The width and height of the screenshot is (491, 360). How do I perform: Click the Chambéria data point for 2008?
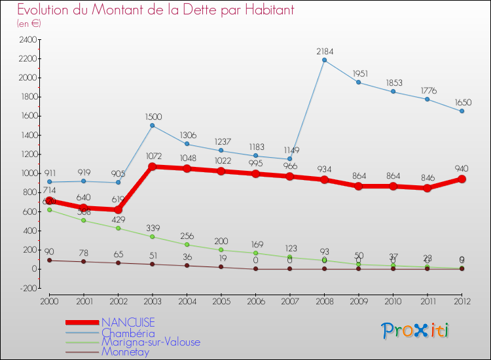pyautogui.click(x=324, y=60)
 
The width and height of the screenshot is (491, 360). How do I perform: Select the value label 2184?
pyautogui.click(x=325, y=51)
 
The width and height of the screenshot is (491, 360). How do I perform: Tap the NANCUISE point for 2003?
pyautogui.click(x=152, y=166)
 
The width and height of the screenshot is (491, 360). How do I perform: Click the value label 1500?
pyautogui.click(x=153, y=117)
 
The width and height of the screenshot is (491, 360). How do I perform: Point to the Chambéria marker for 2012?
pyautogui.click(x=462, y=111)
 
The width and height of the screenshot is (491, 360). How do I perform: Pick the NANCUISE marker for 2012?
pyautogui.click(x=462, y=179)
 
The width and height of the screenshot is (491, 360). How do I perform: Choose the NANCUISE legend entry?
pyautogui.click(x=128, y=322)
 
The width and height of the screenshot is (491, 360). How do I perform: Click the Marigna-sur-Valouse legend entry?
pyautogui.click(x=151, y=342)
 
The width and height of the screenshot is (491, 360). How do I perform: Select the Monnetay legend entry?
pyautogui.click(x=125, y=351)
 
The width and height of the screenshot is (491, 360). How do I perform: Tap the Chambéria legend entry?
pyautogui.click(x=129, y=333)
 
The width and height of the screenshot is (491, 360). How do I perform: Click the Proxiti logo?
pyautogui.click(x=416, y=331)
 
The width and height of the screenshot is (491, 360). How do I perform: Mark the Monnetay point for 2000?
pyautogui.click(x=49, y=261)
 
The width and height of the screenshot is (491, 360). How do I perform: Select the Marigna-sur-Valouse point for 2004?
pyautogui.click(x=187, y=245)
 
